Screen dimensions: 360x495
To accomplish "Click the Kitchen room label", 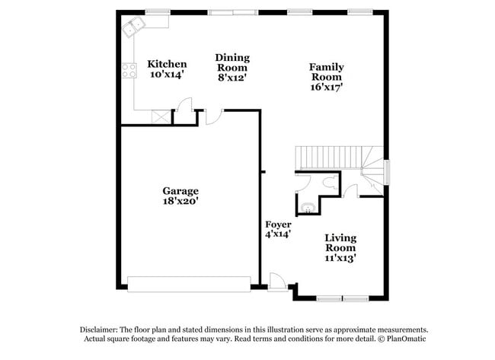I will pyautogui.click(x=167, y=64).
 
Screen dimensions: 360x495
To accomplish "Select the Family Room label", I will pyautogui.click(x=325, y=72).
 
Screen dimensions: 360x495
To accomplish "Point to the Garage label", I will pyautogui.click(x=180, y=190).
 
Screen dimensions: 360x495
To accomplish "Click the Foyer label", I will pyautogui.click(x=278, y=225).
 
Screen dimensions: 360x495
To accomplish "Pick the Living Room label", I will pyautogui.click(x=340, y=243).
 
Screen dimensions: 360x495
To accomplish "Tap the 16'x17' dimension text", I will pyautogui.click(x=325, y=87).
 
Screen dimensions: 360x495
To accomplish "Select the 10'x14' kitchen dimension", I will pyautogui.click(x=167, y=75).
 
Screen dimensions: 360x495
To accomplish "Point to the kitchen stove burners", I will pyautogui.click(x=126, y=72).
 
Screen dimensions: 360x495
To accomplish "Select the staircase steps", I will pyautogui.click(x=327, y=158).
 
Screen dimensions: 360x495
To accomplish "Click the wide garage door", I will pyautogui.click(x=188, y=284).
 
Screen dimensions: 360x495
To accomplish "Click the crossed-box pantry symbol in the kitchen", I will pyautogui.click(x=161, y=116).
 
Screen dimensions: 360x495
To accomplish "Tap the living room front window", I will pyautogui.click(x=342, y=297).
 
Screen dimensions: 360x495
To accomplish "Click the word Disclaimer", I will pyautogui.click(x=99, y=330).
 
